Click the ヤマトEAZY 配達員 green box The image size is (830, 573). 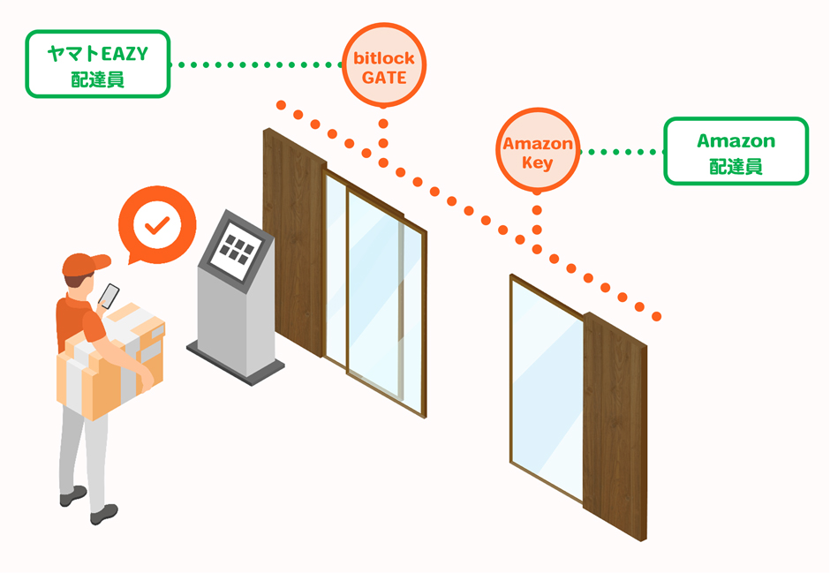point(97,64)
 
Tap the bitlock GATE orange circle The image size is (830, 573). point(383,66)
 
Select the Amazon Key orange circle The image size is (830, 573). point(537,152)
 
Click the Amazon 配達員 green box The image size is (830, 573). point(736,152)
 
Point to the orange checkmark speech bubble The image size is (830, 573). point(155,224)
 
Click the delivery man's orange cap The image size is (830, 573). point(84,263)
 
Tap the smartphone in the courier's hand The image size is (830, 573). point(109,295)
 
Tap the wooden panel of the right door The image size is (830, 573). point(615,424)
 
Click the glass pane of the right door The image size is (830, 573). point(546,388)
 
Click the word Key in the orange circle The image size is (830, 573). point(537,162)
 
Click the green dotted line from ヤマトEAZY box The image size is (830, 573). point(256,64)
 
